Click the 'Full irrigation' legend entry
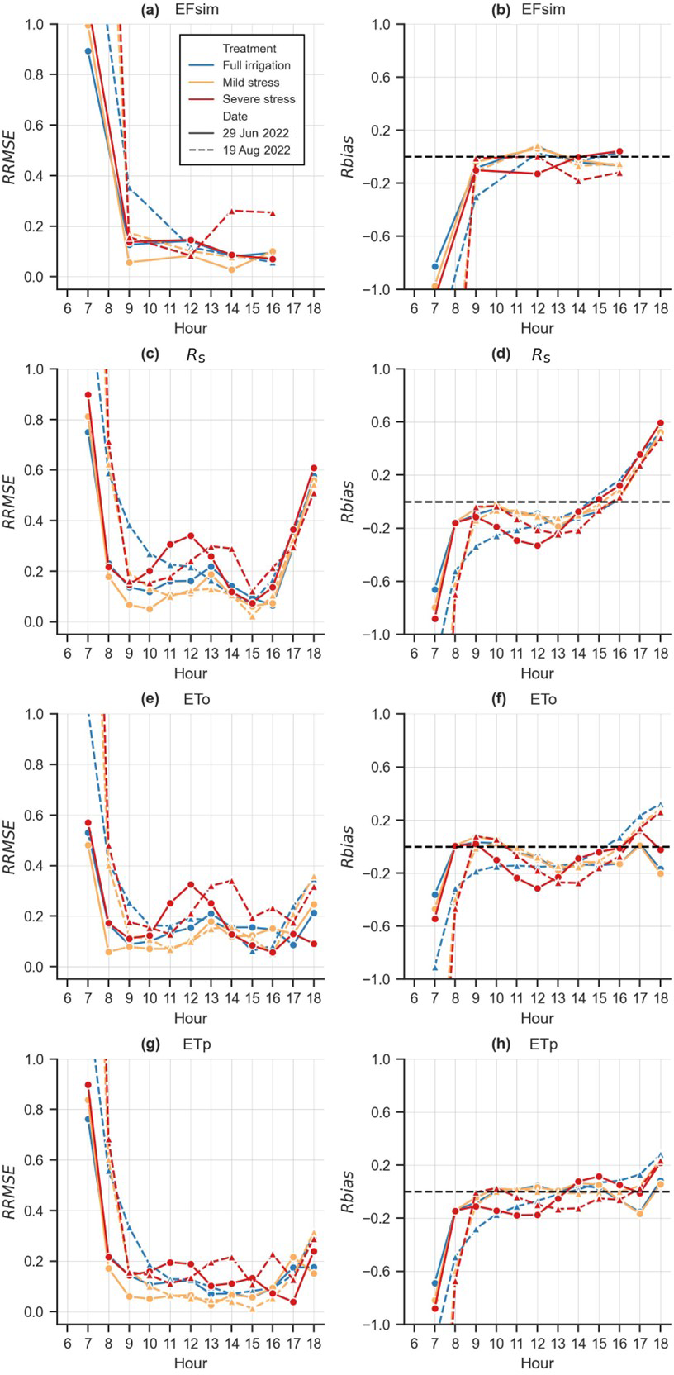click(256, 65)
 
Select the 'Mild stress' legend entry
click(251, 83)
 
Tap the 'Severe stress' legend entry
click(259, 99)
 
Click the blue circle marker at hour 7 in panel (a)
click(88, 51)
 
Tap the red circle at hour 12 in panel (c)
click(191, 535)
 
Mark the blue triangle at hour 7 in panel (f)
click(434, 967)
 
